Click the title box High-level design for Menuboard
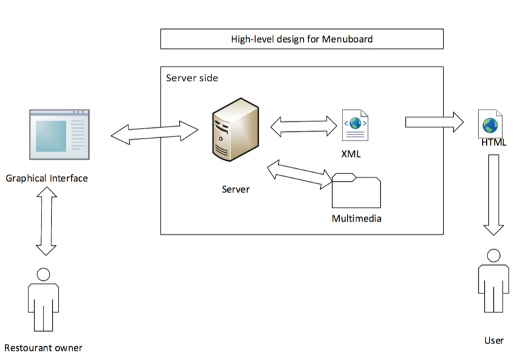pos(302,40)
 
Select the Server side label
pos(192,78)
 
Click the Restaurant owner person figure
pos(43,299)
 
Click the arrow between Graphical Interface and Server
pos(154,131)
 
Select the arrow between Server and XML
pos(303,126)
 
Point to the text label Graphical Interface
pos(46,178)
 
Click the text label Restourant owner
pos(43,347)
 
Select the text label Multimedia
pos(356,218)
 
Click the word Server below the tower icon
pos(235,189)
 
